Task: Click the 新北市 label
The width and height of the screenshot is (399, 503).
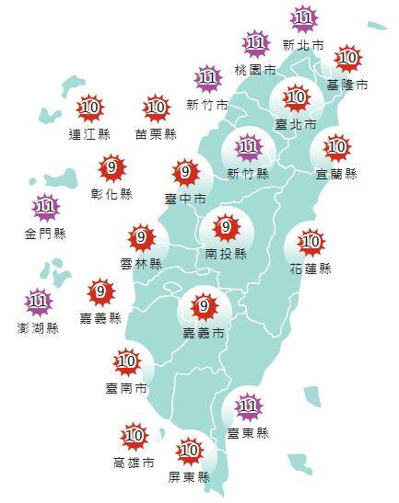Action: click(x=303, y=44)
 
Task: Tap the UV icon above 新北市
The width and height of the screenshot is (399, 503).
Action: click(x=303, y=18)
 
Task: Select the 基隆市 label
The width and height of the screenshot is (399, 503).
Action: click(x=347, y=85)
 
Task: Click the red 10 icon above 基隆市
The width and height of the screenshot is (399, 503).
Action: click(x=347, y=60)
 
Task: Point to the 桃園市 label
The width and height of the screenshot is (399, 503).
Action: click(x=255, y=69)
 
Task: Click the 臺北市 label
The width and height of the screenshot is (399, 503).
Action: click(x=297, y=122)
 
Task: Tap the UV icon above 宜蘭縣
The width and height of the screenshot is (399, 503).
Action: click(x=336, y=146)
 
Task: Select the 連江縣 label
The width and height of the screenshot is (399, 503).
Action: click(x=89, y=133)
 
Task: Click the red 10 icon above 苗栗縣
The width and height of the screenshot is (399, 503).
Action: click(x=156, y=108)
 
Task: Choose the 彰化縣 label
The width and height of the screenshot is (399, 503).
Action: click(x=113, y=194)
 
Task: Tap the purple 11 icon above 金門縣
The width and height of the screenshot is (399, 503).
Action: click(x=45, y=208)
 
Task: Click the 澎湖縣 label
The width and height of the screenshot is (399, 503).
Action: click(x=39, y=326)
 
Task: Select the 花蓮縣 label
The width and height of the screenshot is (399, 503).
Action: click(x=312, y=269)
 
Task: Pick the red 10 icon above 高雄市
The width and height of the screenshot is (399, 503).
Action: click(x=134, y=435)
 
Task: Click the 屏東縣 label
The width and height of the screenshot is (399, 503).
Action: click(x=191, y=476)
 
